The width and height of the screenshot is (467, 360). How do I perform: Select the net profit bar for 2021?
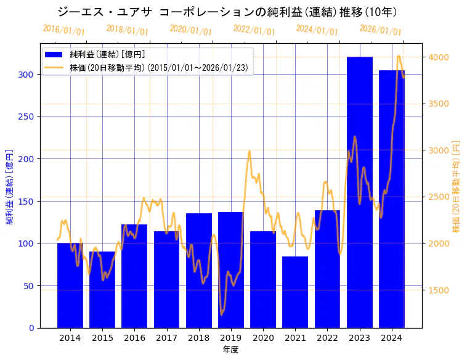(x=295, y=292)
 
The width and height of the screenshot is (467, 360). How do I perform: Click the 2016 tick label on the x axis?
(x=134, y=338)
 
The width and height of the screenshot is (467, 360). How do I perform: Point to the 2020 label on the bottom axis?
(x=263, y=338)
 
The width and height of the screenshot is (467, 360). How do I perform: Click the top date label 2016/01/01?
(x=64, y=30)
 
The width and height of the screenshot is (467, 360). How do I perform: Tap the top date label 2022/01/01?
(x=254, y=30)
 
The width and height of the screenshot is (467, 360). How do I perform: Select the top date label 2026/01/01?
(x=380, y=30)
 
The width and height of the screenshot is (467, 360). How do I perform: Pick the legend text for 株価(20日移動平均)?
(x=160, y=68)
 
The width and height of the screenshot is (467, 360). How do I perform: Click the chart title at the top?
(x=227, y=12)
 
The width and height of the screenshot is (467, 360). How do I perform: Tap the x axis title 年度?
(x=230, y=350)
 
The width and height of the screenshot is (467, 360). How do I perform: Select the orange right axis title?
(x=457, y=186)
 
